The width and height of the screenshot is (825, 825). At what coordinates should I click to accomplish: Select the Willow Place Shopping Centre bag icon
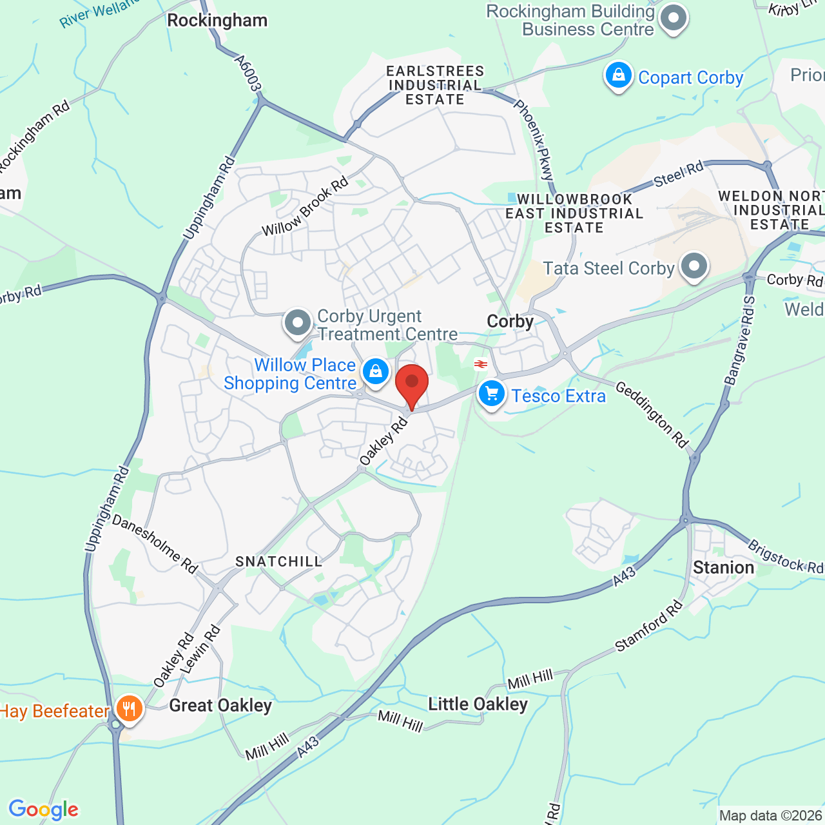click(x=375, y=372)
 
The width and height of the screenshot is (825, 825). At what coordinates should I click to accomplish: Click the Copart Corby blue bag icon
click(x=618, y=76)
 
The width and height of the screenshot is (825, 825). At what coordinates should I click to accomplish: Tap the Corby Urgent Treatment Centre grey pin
click(x=298, y=322)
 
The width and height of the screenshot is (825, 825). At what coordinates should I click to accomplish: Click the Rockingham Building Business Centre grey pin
click(x=674, y=19)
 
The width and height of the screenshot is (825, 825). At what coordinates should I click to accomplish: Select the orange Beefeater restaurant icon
click(x=130, y=709)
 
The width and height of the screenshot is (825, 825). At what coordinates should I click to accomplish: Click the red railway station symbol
click(x=481, y=364)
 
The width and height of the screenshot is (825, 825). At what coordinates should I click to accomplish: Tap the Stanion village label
click(x=723, y=568)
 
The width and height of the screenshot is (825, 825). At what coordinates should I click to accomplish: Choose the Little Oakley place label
click(x=478, y=704)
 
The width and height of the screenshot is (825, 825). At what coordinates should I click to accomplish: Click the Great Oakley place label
click(x=220, y=706)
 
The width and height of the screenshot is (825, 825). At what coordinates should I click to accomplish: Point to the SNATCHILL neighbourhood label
click(x=278, y=562)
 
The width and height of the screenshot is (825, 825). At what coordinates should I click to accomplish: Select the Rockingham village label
click(x=217, y=21)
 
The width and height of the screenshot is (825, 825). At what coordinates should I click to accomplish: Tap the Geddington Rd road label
click(x=652, y=414)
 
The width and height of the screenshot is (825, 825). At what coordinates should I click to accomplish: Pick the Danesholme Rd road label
click(x=155, y=543)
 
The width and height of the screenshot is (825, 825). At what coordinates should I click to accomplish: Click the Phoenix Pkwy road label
click(x=534, y=139)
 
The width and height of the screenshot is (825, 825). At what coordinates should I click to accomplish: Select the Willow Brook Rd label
click(x=305, y=207)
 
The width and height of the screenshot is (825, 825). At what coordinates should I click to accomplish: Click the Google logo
click(x=43, y=810)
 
